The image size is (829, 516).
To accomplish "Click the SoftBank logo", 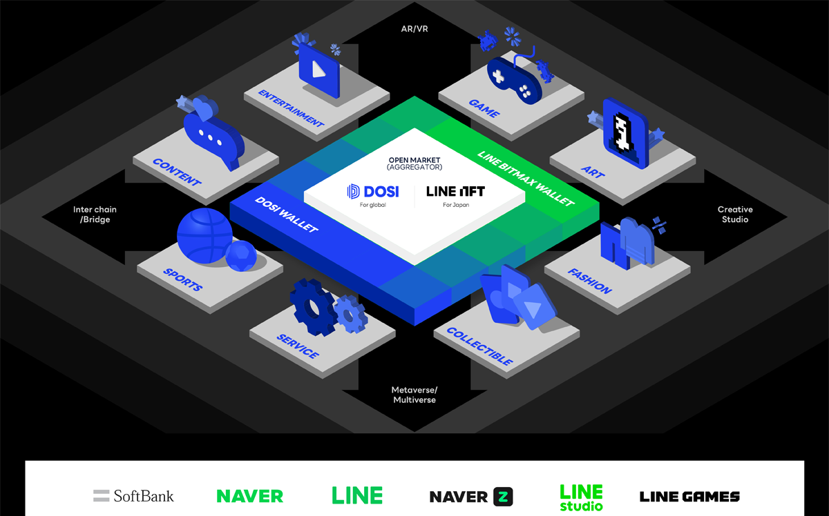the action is (x=133, y=496).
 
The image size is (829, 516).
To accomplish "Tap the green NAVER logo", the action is (x=250, y=496).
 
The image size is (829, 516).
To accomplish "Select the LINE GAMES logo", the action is (x=689, y=497).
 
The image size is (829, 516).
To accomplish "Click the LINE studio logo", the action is (x=582, y=497).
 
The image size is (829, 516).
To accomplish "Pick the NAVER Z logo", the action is (x=471, y=497).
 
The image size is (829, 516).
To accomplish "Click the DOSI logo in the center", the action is (x=373, y=192).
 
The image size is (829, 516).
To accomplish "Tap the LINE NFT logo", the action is (x=455, y=192).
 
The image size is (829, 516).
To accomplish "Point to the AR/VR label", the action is (x=414, y=29).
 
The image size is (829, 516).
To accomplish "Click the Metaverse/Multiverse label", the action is (x=414, y=395).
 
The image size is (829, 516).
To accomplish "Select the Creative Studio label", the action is (x=735, y=215).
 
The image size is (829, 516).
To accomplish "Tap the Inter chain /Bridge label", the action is (x=95, y=215).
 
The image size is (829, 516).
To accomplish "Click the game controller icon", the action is (x=515, y=79).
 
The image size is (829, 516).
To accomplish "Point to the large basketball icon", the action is (x=204, y=236).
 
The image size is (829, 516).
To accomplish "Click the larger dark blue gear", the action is (x=313, y=308).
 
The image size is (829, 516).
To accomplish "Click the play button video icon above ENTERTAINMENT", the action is (x=319, y=70).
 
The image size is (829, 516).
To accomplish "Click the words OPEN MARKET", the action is (x=414, y=160).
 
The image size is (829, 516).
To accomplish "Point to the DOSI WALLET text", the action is (x=287, y=215).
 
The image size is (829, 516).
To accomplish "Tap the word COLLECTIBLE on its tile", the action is (x=479, y=346).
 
